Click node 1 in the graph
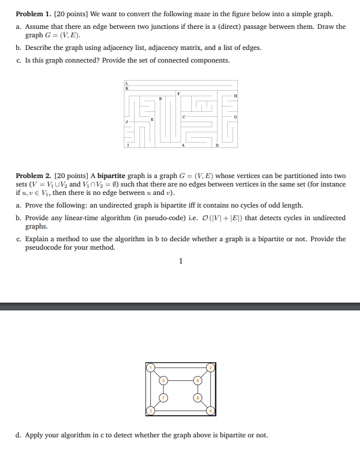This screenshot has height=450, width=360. (x=152, y=366)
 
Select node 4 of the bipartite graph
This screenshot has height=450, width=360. (x=211, y=410)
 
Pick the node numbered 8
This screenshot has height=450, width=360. (x=197, y=398)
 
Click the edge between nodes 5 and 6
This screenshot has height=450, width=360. (x=180, y=380)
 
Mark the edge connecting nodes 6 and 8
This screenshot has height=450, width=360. (x=197, y=389)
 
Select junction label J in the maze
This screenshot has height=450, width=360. (x=126, y=121)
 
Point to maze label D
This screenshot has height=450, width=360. (x=217, y=145)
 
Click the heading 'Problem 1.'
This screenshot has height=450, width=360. (x=32, y=13)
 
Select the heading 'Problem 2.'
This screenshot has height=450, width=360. (x=32, y=175)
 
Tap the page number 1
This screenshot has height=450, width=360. (x=180, y=260)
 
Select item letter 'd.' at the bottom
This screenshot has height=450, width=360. (x=20, y=435)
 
